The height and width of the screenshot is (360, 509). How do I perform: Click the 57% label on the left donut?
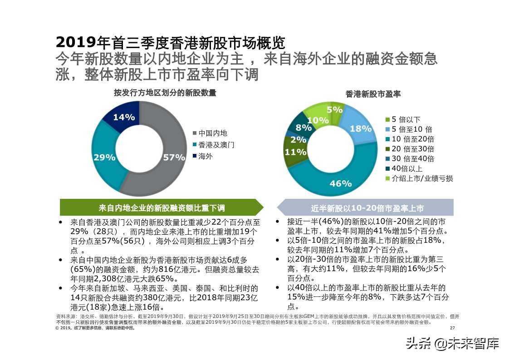[x=174, y=158]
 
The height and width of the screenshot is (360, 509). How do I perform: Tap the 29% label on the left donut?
[x=104, y=158]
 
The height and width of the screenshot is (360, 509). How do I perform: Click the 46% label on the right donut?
[x=341, y=183]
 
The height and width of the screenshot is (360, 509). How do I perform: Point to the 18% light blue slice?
[x=360, y=128]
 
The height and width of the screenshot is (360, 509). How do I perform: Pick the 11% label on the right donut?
[x=296, y=152]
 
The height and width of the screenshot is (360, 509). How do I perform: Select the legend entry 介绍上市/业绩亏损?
[x=421, y=178]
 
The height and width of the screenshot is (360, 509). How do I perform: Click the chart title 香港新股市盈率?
[x=373, y=94]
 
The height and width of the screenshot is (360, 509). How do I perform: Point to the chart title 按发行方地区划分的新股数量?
[x=165, y=93]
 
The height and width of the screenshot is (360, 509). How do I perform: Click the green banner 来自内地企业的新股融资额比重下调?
[x=162, y=208]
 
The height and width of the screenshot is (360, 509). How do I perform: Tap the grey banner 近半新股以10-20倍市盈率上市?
[x=367, y=208]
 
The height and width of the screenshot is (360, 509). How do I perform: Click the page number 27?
[x=452, y=328]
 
